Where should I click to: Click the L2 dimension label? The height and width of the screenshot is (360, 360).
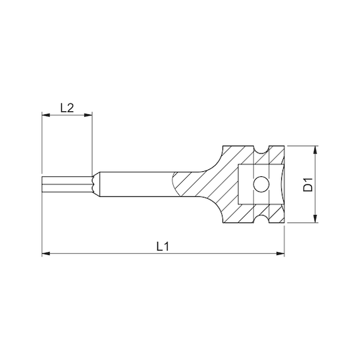coord(67,107)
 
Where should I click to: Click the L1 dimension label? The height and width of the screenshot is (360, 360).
coord(163,246)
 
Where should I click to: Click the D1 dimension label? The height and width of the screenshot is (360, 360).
coord(308,184)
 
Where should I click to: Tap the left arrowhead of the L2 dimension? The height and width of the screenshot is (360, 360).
coord(45,115)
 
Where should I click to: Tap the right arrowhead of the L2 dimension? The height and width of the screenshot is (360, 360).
coord(88,115)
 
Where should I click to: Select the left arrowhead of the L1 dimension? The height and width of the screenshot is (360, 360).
coord(46,253)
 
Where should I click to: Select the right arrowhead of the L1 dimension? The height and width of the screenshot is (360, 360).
coord(280,253)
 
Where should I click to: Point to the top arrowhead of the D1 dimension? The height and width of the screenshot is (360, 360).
coord(315,150)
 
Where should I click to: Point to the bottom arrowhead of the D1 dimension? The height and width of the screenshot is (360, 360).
coord(315,219)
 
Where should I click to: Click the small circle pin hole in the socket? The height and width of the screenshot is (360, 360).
coord(261,184)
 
